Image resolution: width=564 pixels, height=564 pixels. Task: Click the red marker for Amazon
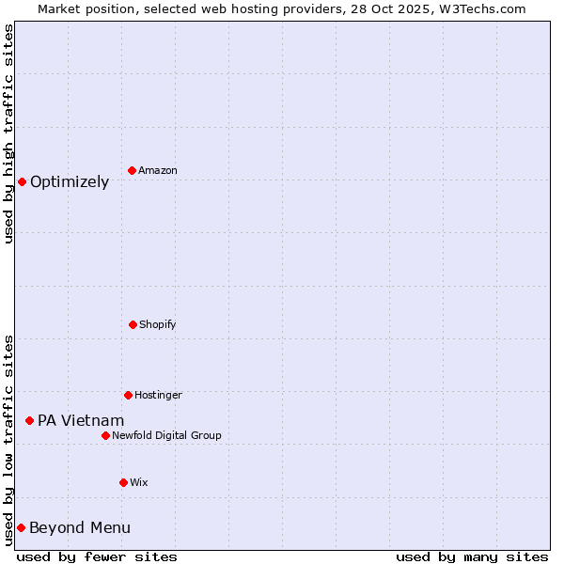click(x=132, y=170)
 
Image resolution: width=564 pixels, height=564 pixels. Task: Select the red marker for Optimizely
click(x=22, y=181)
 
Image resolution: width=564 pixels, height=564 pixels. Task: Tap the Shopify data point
click(x=133, y=324)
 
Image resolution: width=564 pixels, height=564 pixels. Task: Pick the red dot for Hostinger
click(x=128, y=395)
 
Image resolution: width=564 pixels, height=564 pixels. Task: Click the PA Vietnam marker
click(x=29, y=420)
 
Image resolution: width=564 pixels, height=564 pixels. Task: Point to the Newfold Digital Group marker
click(x=105, y=435)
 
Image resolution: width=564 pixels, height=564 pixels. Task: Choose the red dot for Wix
click(x=123, y=482)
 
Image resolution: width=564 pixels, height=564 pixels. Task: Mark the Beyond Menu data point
click(x=21, y=527)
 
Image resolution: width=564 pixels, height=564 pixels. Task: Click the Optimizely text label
click(x=70, y=182)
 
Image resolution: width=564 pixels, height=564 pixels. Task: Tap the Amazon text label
click(x=158, y=170)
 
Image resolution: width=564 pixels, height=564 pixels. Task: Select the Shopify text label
click(x=158, y=324)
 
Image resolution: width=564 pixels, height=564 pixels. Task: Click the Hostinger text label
click(x=158, y=395)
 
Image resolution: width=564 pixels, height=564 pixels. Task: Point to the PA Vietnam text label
click(x=81, y=421)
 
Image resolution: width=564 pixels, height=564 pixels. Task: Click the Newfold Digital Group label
click(x=166, y=435)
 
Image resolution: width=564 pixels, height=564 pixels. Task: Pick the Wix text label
click(x=139, y=482)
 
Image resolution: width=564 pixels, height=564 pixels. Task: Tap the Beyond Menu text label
click(x=80, y=528)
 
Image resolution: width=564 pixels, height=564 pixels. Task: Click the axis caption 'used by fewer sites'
click(x=97, y=556)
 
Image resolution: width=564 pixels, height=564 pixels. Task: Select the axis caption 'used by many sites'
click(x=472, y=556)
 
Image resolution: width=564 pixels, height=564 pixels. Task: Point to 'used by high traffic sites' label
click(x=8, y=133)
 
